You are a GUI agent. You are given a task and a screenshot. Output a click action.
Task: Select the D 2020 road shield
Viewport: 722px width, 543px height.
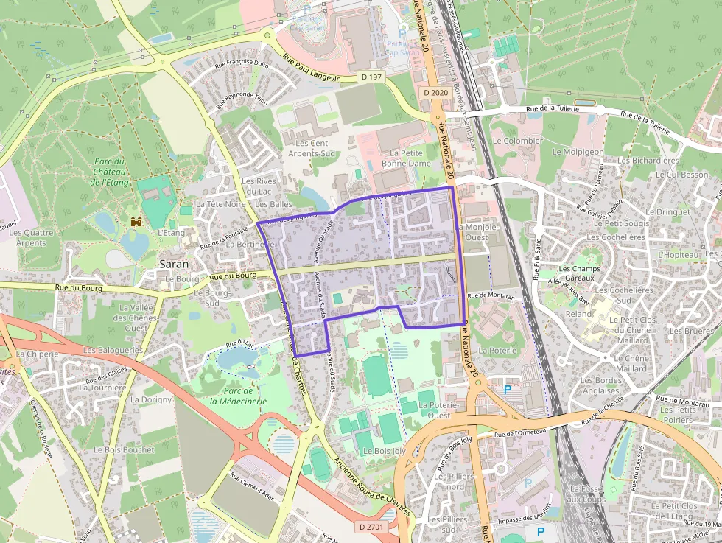[x=435, y=93]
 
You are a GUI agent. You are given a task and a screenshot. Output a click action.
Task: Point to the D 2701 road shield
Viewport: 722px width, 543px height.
[x=374, y=527]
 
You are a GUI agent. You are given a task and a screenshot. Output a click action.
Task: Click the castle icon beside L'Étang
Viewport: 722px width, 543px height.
[x=136, y=221]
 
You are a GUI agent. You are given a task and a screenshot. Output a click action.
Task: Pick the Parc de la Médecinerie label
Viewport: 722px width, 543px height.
[x=236, y=396]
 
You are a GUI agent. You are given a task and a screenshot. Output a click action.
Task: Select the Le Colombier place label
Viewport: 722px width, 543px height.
[x=517, y=141]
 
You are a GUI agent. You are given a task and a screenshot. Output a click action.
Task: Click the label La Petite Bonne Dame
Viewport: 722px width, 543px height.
[x=406, y=157]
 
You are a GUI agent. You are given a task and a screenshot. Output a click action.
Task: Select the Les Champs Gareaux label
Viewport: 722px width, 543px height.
[x=580, y=273]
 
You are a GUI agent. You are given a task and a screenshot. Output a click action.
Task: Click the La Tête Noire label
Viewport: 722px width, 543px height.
[x=220, y=204]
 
